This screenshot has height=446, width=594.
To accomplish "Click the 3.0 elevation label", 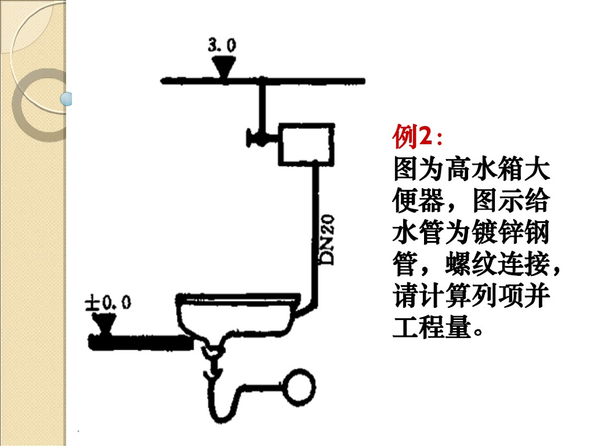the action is point(222,45).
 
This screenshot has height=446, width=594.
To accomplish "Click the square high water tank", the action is point(306,143).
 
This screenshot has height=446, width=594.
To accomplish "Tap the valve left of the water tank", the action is point(255,138).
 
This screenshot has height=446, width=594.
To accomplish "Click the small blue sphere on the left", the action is point(68,99).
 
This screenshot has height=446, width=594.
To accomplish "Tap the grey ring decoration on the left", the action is point(29,105).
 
